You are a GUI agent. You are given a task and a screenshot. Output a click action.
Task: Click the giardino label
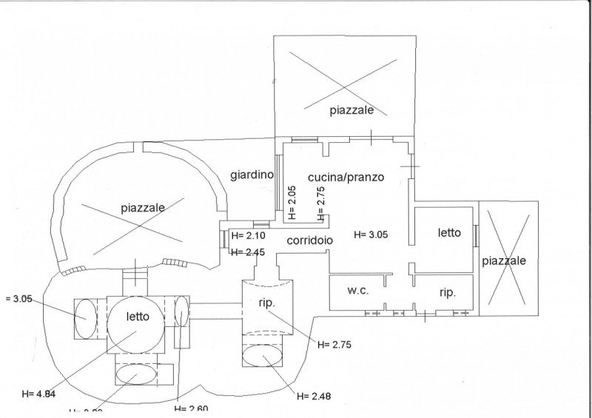[x=252, y=175]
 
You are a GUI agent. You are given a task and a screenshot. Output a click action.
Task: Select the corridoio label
[x=311, y=240]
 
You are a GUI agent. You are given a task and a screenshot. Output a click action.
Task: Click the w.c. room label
[x=357, y=291]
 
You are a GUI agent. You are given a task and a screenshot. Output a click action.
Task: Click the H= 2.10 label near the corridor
[x=248, y=236]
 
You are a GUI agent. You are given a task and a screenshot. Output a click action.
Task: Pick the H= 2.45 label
[x=248, y=252]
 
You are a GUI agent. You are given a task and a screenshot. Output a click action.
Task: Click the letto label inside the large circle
[x=138, y=316]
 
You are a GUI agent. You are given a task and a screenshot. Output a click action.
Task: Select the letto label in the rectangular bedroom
[x=449, y=232]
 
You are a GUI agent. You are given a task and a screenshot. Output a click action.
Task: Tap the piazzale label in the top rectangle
[x=351, y=110]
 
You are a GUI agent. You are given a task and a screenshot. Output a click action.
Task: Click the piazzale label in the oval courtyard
[x=142, y=209]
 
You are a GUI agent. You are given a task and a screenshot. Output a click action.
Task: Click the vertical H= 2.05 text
[x=292, y=203]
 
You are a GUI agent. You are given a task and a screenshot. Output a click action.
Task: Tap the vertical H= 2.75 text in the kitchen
[x=320, y=203]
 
